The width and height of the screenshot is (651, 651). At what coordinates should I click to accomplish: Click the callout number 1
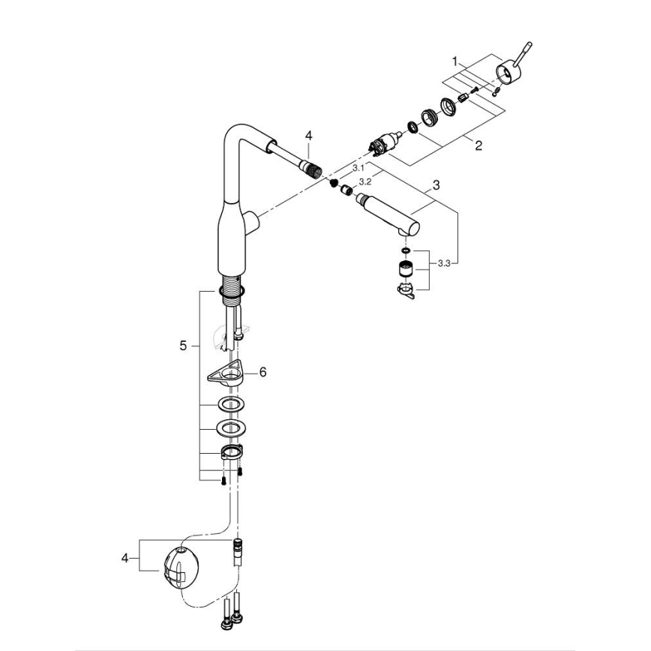(454, 59)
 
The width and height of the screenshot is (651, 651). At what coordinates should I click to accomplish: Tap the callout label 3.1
(358, 168)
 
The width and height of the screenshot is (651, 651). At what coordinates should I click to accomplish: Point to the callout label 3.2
(366, 181)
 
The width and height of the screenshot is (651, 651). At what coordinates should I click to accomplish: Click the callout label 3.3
(444, 262)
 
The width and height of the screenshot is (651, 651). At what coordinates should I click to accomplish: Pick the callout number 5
(182, 346)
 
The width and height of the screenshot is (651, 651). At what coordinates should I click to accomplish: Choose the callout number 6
(262, 372)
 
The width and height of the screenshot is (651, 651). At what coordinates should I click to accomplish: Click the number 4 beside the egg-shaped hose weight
(125, 557)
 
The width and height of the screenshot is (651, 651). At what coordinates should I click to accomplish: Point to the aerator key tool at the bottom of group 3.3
(406, 289)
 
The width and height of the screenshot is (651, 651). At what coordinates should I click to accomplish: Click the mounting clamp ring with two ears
(231, 453)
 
